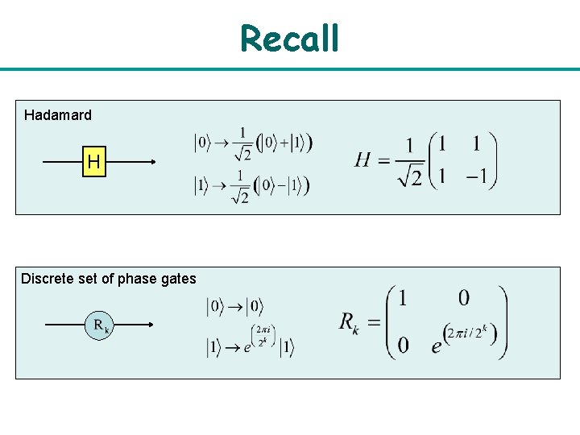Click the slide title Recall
pyautogui.click(x=289, y=38)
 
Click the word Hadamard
pyautogui.click(x=58, y=115)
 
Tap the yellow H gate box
pyautogui.click(x=94, y=163)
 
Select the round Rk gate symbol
pyautogui.click(x=100, y=325)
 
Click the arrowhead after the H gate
pyautogui.click(x=150, y=163)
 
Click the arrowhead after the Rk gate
pyautogui.click(x=150, y=325)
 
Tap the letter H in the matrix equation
pyautogui.click(x=363, y=159)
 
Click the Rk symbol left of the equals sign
pyautogui.click(x=349, y=324)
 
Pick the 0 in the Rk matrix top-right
pyautogui.click(x=464, y=297)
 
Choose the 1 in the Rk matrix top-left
pyautogui.click(x=403, y=297)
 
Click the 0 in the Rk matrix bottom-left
pyautogui.click(x=403, y=345)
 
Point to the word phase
pyautogui.click(x=135, y=279)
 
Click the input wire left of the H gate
pyautogui.click(x=60, y=163)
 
